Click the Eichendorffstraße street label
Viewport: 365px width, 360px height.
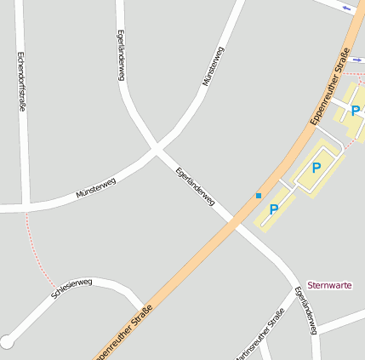click(21, 80)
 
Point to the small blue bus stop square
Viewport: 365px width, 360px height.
click(259, 196)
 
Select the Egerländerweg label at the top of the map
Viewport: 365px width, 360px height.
click(121, 55)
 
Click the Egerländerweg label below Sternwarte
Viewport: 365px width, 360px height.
click(306, 310)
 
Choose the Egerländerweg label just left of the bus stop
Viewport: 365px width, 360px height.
click(195, 185)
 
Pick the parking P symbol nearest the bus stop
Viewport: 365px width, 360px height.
click(274, 209)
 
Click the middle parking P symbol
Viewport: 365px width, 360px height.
click(317, 168)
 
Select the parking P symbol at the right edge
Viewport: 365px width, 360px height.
click(355, 111)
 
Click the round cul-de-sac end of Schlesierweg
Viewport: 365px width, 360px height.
click(7, 342)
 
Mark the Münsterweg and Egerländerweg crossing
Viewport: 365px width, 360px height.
click(156, 150)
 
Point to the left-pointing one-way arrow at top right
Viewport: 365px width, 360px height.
click(346, 8)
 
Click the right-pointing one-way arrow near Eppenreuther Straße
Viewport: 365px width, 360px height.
click(356, 60)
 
